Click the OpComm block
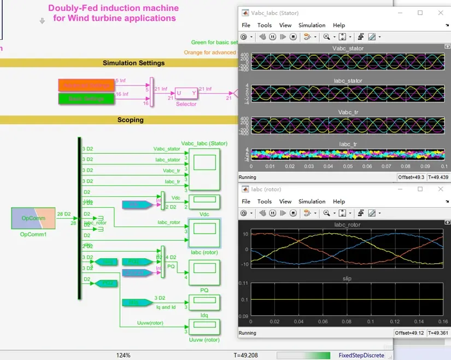[x=33, y=218]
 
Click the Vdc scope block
[x=204, y=202]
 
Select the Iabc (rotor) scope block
[x=204, y=233]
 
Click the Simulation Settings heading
[x=134, y=63]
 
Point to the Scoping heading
[x=130, y=120]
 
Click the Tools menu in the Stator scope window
[x=265, y=25]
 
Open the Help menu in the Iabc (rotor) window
[x=339, y=201]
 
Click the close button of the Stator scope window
[x=441, y=13]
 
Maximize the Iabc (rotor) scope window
[x=420, y=189]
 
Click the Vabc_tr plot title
[x=348, y=113]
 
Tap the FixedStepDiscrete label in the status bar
[x=358, y=355]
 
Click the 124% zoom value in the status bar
[x=123, y=355]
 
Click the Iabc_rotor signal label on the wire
[x=168, y=222]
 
